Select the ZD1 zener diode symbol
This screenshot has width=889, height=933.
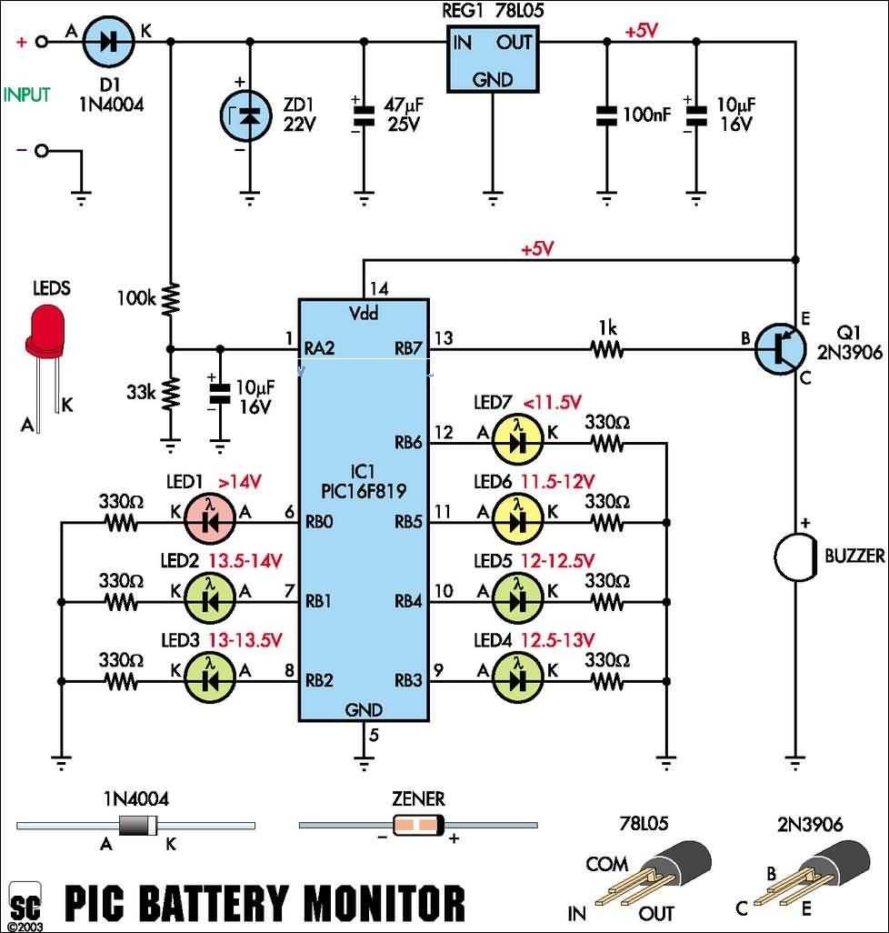click(248, 115)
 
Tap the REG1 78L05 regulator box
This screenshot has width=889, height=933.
click(491, 56)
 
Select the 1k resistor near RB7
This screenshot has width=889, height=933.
click(607, 347)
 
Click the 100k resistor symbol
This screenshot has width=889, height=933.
click(170, 298)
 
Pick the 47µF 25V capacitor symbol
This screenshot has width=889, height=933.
click(364, 115)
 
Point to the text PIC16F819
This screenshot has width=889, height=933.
click(365, 491)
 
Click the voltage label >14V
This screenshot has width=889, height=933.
click(240, 482)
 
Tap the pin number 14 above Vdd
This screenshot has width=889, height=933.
click(379, 289)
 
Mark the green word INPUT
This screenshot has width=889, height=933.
click(28, 94)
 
